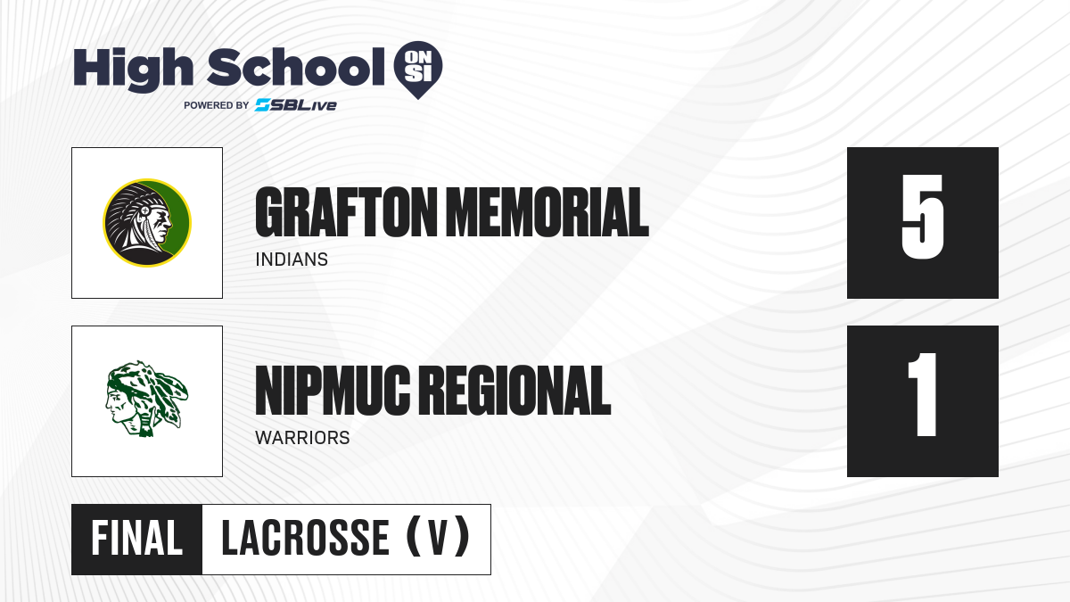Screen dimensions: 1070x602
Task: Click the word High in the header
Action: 133,70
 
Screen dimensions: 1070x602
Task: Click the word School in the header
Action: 296,68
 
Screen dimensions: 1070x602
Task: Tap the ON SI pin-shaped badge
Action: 418,70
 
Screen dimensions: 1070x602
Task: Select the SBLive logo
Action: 296,105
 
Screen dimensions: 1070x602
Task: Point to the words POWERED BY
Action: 217,105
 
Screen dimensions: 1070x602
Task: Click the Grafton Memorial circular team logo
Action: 147,223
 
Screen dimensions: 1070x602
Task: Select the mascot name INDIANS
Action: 292,260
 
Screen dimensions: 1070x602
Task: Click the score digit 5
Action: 922,217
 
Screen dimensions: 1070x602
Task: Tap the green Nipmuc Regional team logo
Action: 147,399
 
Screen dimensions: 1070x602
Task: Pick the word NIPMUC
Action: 333,391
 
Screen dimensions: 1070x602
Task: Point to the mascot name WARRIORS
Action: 302,438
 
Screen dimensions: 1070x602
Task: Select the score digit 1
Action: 923,394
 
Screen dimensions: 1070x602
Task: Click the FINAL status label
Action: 136,539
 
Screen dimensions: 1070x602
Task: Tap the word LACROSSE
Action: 305,539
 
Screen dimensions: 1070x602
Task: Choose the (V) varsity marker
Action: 438,538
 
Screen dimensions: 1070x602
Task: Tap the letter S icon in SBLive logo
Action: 263,105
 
